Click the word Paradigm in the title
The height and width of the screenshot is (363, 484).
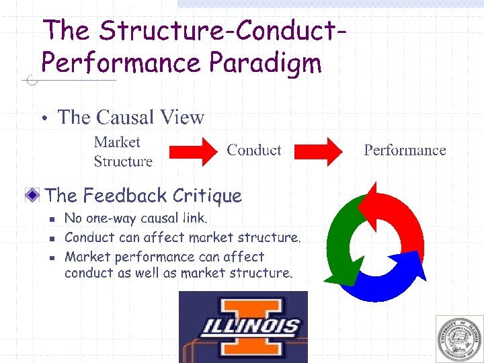point(266,64)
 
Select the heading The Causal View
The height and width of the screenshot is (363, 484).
point(131,117)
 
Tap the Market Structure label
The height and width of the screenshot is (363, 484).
point(123,152)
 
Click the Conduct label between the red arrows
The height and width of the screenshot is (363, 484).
point(254,150)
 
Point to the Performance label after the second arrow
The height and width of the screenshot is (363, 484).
point(405,150)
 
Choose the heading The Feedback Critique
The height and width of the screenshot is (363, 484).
point(143,196)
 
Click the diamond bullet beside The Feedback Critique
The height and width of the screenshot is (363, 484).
point(32,196)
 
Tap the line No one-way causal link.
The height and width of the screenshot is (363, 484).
point(136,218)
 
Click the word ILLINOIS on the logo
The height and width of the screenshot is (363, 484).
point(252,327)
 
